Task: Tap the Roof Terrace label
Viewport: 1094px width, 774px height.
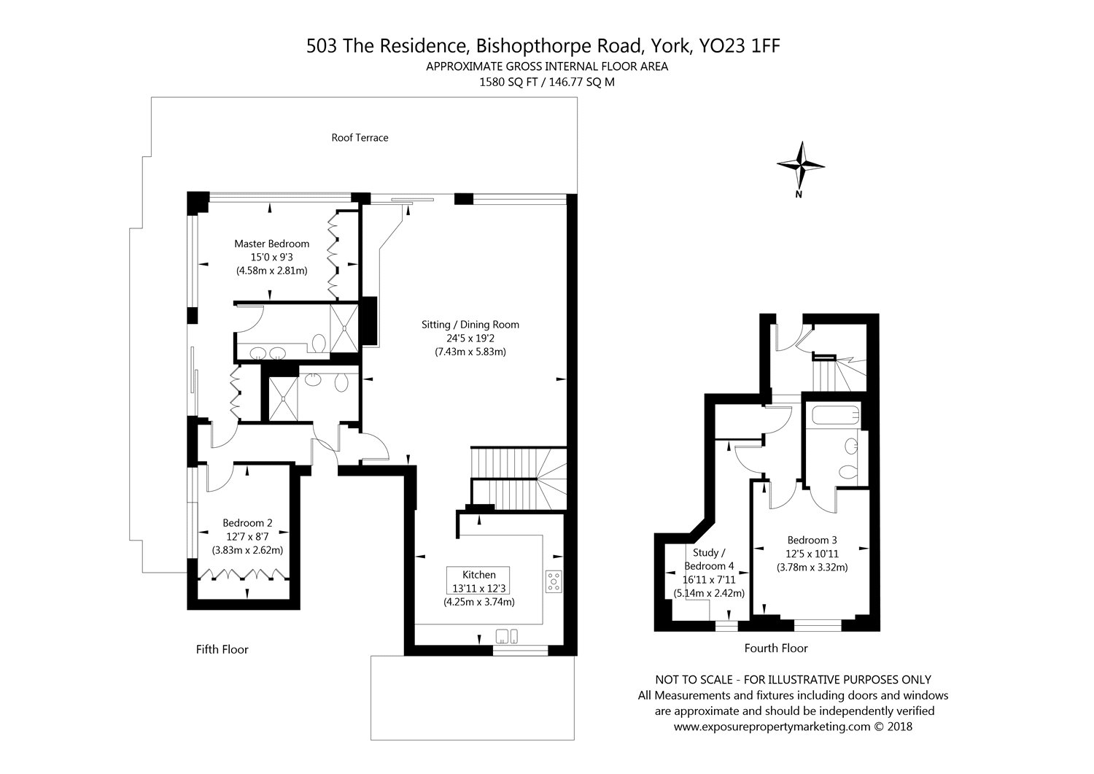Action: point(360,138)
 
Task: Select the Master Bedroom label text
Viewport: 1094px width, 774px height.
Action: point(271,244)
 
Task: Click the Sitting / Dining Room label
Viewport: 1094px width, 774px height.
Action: point(470,325)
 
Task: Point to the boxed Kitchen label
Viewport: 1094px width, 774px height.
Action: point(478,575)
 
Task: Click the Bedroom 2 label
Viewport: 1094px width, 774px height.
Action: point(247,523)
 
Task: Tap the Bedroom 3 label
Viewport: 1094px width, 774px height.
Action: point(812,540)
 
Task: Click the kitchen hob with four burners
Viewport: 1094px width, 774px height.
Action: point(554,581)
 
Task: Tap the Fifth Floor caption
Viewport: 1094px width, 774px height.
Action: point(222,649)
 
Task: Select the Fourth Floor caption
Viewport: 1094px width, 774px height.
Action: point(776,648)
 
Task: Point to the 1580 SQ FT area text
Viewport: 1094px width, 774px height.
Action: point(508,82)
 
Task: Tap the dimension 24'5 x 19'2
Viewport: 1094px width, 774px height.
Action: point(470,338)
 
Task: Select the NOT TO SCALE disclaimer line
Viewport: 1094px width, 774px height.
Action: point(783,680)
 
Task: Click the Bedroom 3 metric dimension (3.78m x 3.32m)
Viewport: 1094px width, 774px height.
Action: point(812,567)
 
